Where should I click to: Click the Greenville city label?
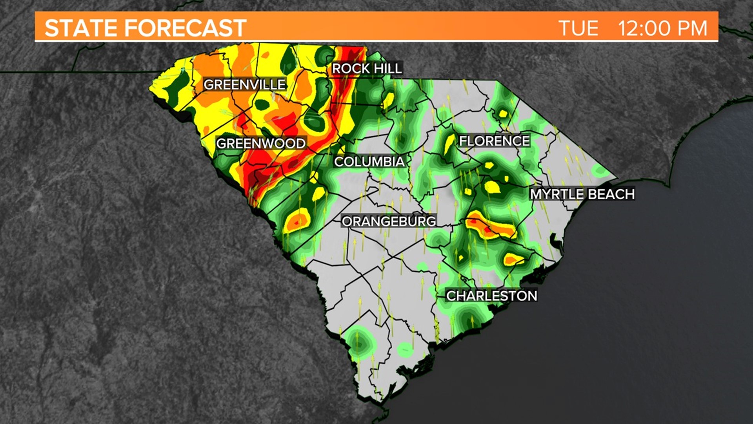pos(245,84)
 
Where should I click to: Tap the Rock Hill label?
pos(367,69)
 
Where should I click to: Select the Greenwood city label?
pos(261,144)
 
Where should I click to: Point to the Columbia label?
pos(369,162)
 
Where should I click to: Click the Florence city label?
pos(494,141)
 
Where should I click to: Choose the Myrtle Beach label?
pos(582,194)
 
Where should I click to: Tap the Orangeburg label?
pos(389,221)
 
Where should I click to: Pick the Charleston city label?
pos(491,296)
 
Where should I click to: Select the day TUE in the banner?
pos(578,28)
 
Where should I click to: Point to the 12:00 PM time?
pos(662,28)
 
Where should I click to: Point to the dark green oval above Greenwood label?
pos(262,105)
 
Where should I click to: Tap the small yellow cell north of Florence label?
pos(502,114)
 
